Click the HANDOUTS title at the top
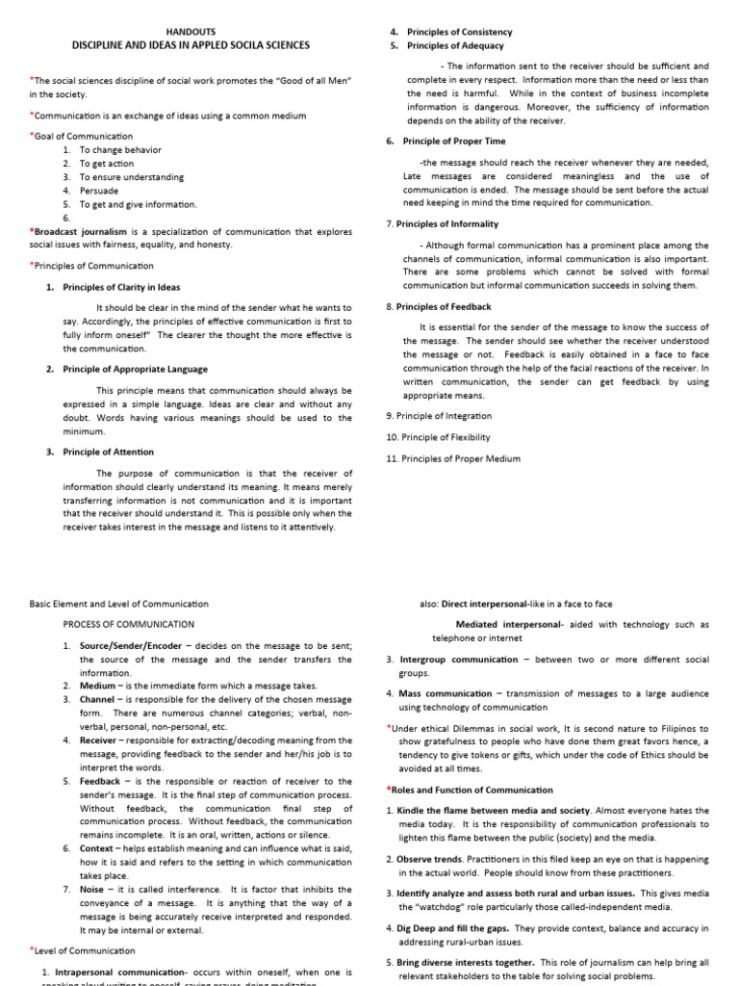(192, 31)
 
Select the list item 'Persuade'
(100, 191)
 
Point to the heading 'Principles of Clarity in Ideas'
(121, 287)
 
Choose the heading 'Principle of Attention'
(108, 452)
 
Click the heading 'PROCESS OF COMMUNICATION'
(124, 624)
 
